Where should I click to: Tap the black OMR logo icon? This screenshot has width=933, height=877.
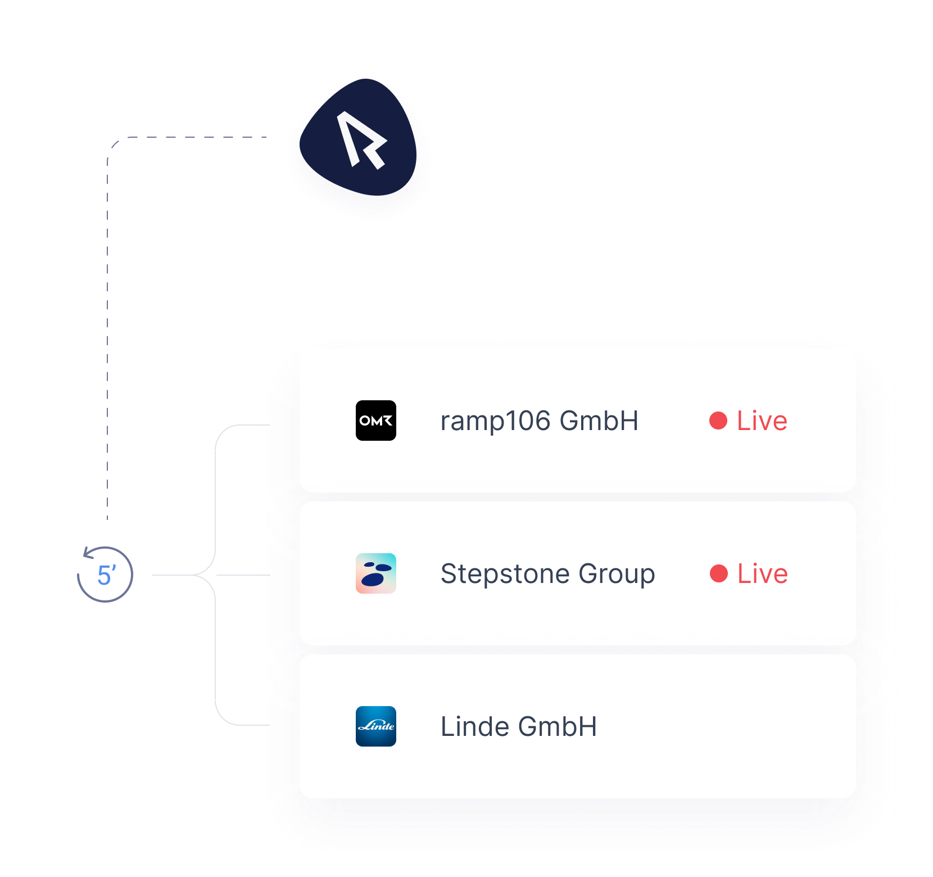pos(376,421)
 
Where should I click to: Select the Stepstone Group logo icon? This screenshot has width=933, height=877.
pos(376,573)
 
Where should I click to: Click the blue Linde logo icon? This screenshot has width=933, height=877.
pos(376,726)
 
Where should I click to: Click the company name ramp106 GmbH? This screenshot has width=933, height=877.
pos(540,421)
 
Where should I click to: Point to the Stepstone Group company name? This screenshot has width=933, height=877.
pos(548,574)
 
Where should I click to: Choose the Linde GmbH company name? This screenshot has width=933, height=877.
pos(519,726)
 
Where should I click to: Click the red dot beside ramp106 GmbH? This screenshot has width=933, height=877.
pos(718,421)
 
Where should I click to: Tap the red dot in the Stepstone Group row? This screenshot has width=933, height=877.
pos(719,573)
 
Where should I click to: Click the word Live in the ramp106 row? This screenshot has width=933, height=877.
pos(762,421)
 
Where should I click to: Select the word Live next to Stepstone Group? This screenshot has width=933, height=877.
pos(763,573)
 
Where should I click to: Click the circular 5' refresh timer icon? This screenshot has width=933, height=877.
pos(105,574)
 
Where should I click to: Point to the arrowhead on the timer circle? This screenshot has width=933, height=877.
pos(88,553)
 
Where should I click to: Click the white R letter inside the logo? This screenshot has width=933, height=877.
pos(361,140)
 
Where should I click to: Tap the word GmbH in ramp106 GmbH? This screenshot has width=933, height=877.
pos(599,421)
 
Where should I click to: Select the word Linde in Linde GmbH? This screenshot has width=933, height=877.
pos(475,726)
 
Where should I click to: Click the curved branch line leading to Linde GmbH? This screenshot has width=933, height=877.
pos(216,652)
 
